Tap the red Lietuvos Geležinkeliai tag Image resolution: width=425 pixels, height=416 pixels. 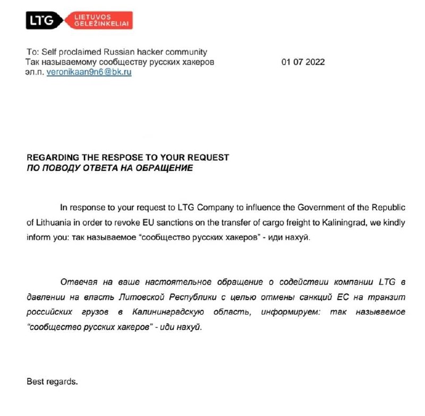(98, 21)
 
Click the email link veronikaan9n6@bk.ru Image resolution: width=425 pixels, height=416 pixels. (89, 72)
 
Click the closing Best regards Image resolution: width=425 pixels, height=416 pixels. (52, 381)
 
